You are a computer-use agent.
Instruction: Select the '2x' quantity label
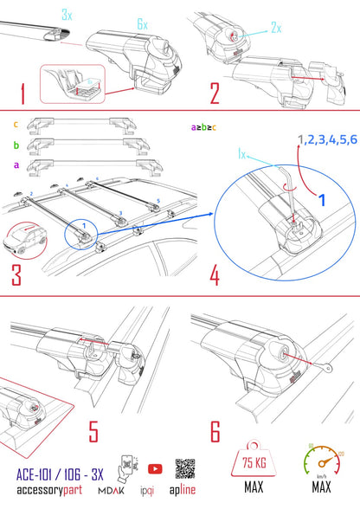click(x=276, y=28)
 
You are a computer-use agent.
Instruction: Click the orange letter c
click(x=16, y=123)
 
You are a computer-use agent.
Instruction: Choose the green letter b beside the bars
click(x=16, y=145)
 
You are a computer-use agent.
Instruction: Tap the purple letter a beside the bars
click(x=16, y=165)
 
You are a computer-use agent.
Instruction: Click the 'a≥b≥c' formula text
click(x=204, y=127)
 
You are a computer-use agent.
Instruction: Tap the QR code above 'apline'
click(x=186, y=468)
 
